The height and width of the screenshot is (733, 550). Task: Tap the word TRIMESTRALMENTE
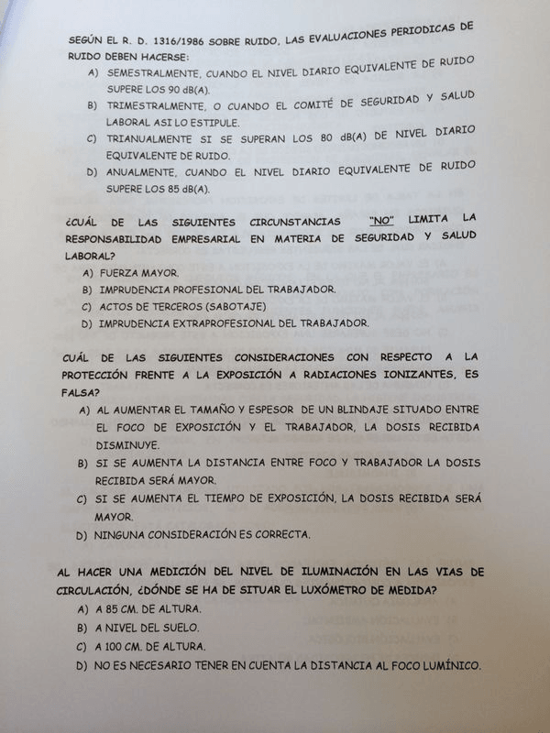pos(156,105)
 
